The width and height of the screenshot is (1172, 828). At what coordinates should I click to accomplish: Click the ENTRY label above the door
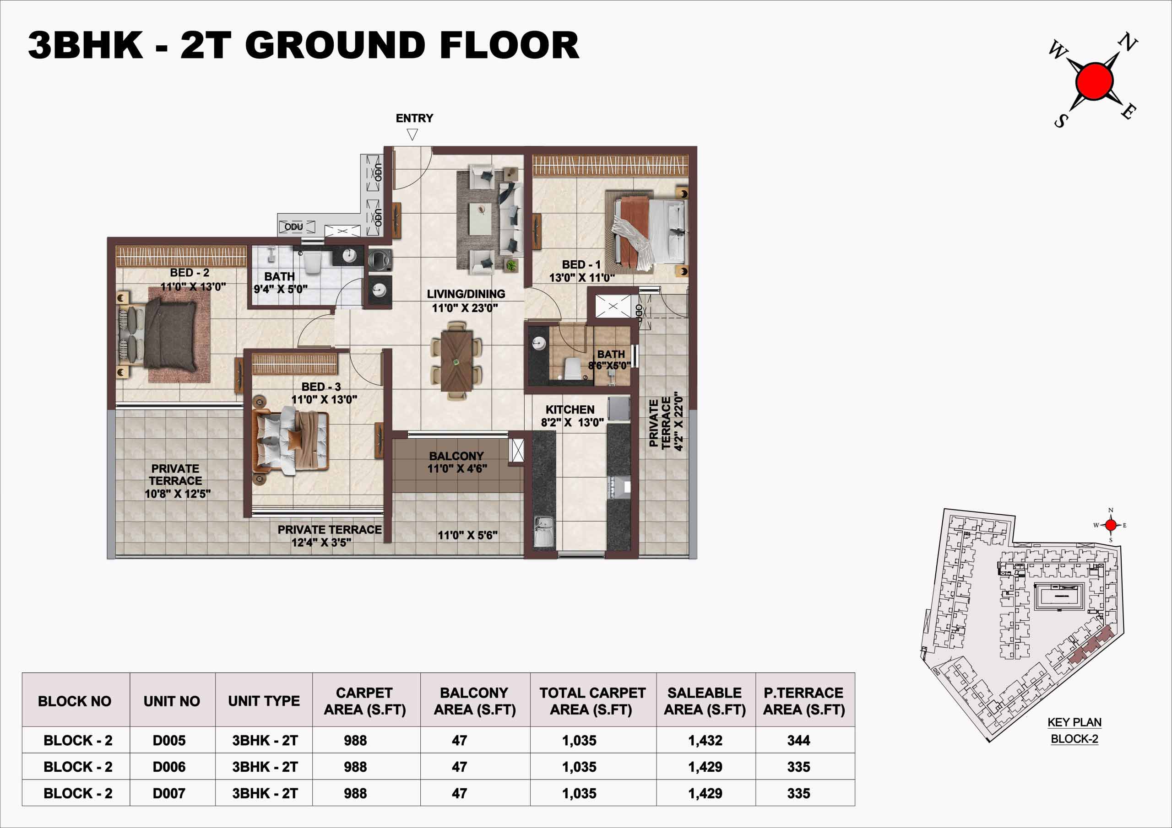click(x=414, y=118)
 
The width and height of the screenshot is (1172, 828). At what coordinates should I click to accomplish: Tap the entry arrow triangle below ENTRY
click(x=412, y=134)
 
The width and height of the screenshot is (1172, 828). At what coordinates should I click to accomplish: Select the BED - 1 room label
click(x=581, y=265)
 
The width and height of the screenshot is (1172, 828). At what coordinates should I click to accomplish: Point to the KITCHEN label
click(x=570, y=410)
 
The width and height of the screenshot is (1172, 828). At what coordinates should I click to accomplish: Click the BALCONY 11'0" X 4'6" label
click(x=457, y=462)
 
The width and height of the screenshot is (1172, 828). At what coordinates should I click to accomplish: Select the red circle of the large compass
click(x=1095, y=81)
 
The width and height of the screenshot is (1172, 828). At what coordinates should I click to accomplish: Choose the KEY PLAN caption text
click(x=1074, y=722)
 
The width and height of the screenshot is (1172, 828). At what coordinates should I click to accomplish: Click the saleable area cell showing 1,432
click(x=705, y=740)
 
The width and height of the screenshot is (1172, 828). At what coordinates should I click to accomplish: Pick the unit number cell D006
click(x=169, y=767)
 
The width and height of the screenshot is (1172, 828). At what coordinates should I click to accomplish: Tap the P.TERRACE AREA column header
click(x=804, y=701)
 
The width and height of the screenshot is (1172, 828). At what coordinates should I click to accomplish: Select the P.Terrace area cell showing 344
click(x=799, y=740)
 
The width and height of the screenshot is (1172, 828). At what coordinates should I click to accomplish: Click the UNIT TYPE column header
click(x=264, y=701)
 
